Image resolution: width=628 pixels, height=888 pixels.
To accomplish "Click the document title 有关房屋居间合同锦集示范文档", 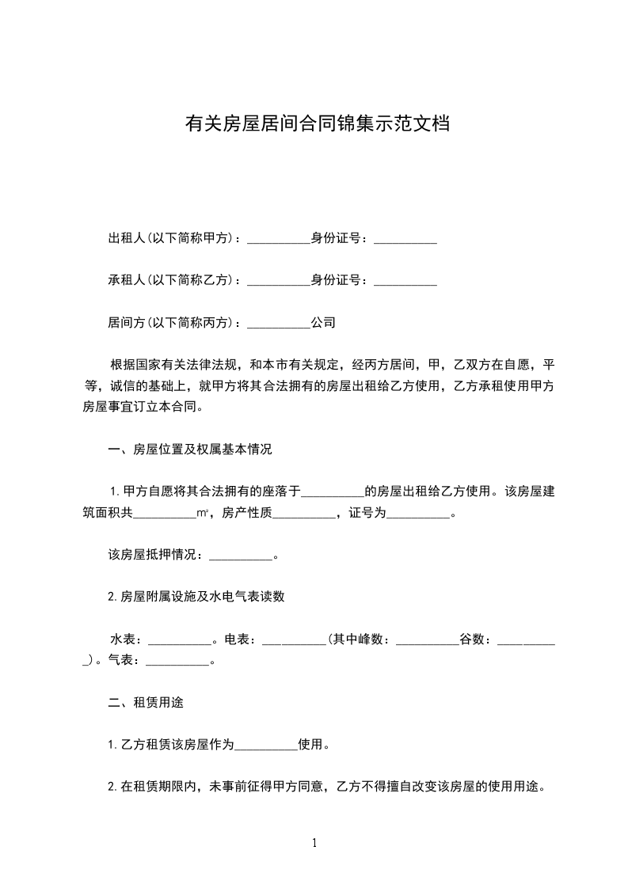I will click(x=317, y=123).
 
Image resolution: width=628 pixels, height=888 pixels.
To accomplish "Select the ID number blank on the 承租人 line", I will click(x=405, y=280).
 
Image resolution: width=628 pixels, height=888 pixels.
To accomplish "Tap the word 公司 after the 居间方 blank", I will click(x=323, y=323).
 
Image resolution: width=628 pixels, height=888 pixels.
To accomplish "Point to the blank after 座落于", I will click(x=333, y=491).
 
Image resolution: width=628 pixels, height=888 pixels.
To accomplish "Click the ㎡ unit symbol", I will click(x=203, y=514).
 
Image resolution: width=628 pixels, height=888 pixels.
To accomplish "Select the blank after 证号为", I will click(x=417, y=514).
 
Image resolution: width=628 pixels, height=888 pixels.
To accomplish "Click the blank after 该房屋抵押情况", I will click(x=240, y=556).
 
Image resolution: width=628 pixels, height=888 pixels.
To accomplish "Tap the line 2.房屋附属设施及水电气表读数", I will click(x=196, y=598).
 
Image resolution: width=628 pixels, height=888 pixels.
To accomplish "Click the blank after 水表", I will click(x=180, y=639).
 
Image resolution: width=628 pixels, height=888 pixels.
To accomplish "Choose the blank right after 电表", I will click(x=293, y=639).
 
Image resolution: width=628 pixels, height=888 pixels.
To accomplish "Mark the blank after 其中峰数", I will click(x=426, y=639).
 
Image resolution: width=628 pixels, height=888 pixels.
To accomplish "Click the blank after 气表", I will click(x=178, y=661).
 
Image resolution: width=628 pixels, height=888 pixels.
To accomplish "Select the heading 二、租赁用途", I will click(x=147, y=703).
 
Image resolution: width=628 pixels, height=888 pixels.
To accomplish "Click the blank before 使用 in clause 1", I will click(x=267, y=745).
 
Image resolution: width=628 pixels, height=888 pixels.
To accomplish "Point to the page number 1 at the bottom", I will click(x=314, y=843).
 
